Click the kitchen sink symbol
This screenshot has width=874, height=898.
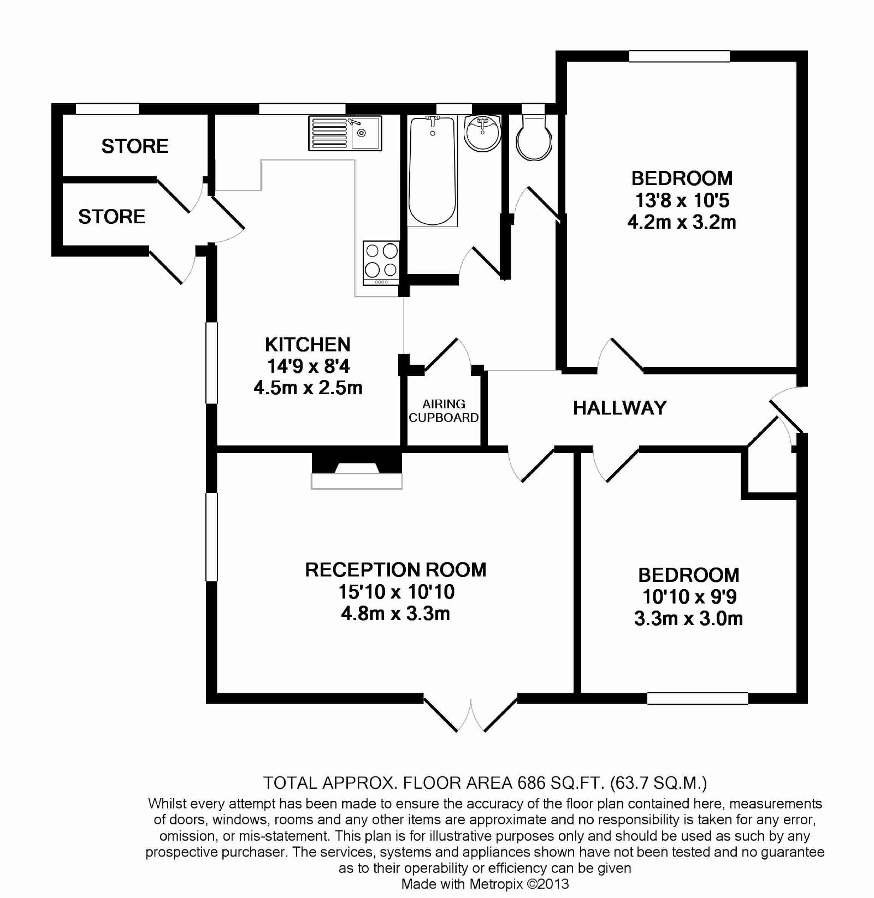345,133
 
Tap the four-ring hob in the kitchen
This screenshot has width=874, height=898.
381,262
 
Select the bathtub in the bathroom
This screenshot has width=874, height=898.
432,170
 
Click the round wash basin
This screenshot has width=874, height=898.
482,133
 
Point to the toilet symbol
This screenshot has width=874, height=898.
534,139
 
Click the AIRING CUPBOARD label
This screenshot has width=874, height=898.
444,411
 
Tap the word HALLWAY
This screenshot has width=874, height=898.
619,408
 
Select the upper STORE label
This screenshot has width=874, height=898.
135,146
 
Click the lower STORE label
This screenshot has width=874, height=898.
112,217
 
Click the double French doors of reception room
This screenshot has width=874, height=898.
471,713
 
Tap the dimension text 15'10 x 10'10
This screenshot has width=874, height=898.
396,592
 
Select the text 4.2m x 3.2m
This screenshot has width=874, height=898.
681,222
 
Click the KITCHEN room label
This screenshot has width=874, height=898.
308,344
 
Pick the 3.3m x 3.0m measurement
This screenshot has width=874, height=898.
688,619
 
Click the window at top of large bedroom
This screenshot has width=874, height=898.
679,56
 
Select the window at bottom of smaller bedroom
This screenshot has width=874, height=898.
697,698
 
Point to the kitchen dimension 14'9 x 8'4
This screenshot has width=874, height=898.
308,366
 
